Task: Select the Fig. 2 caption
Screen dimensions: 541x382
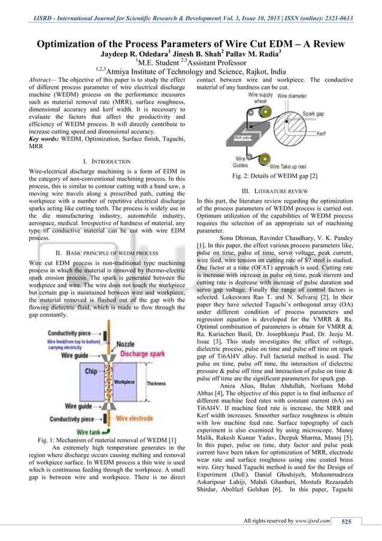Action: (274, 176)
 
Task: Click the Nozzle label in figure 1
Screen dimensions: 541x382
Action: (125, 344)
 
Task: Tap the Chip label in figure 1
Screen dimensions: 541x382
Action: (90, 371)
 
